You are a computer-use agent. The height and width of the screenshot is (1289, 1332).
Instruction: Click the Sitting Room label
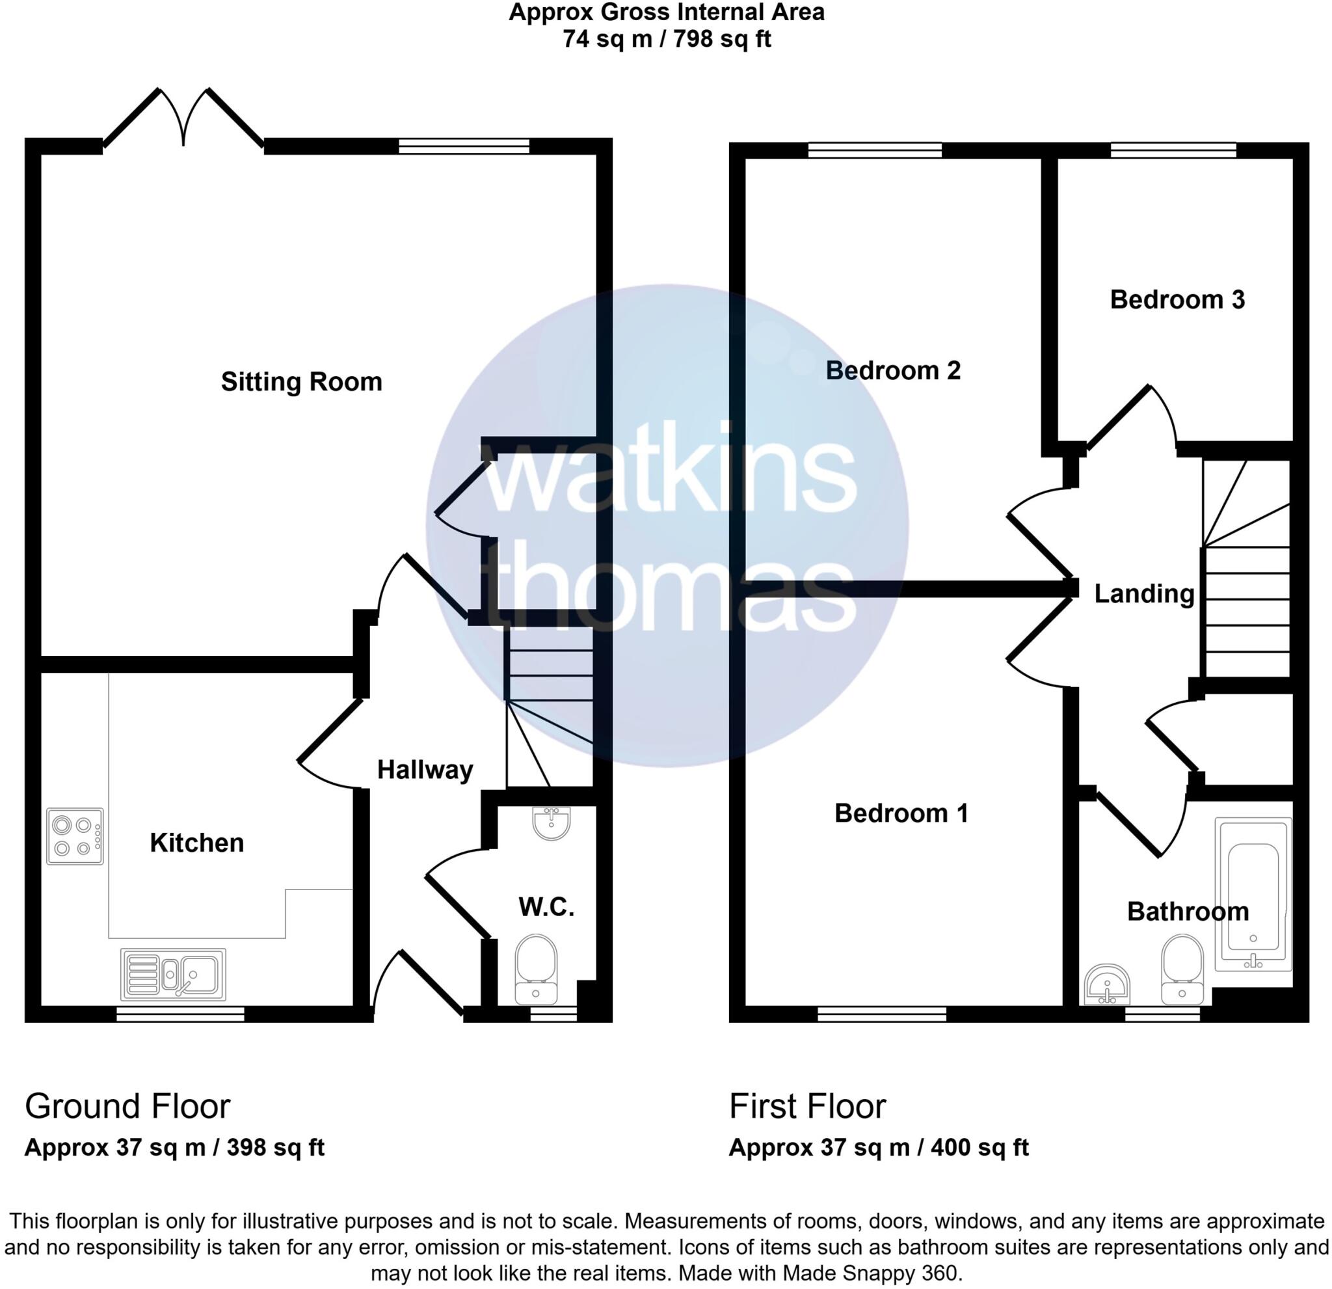click(301, 382)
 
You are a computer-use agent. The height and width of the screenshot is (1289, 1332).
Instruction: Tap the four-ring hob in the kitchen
click(75, 836)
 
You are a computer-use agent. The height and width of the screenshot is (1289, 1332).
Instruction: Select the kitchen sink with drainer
click(173, 975)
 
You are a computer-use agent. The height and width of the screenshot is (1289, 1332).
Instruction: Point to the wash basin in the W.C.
click(551, 822)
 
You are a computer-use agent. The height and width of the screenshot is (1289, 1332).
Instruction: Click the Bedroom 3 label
click(1177, 300)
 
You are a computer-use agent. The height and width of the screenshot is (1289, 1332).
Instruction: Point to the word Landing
click(1144, 594)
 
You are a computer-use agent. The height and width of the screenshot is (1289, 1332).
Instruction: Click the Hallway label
click(425, 770)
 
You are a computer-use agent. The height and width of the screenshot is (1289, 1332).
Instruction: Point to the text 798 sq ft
click(722, 40)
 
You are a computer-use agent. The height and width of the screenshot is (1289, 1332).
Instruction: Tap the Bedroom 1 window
click(881, 1015)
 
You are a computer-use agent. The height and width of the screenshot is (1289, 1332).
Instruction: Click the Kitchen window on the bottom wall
click(180, 1015)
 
